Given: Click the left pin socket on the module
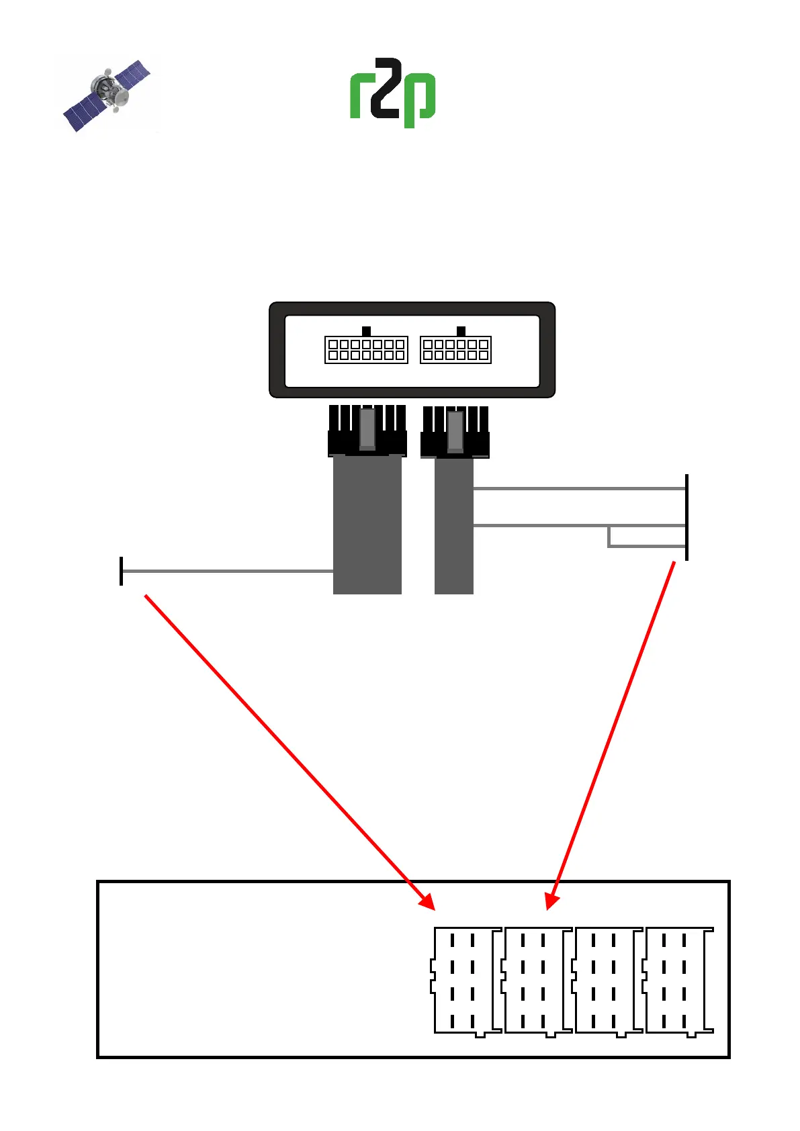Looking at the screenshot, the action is click(366, 350).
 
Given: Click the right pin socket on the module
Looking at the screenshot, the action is click(455, 350).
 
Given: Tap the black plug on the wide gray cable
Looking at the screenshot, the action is click(367, 432).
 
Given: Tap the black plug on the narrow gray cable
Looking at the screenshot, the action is click(455, 433).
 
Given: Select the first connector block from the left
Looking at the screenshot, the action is click(465, 981).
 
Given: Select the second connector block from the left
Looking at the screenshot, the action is click(536, 981).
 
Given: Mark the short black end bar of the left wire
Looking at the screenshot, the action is click(121, 571).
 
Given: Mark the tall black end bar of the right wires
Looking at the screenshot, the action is click(686, 517).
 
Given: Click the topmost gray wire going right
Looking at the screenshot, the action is click(578, 489).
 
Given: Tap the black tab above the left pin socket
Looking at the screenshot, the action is click(366, 331).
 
